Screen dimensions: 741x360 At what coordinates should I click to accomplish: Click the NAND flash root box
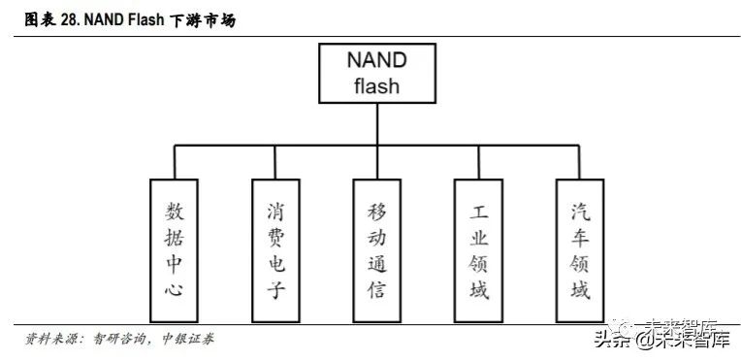click(x=377, y=74)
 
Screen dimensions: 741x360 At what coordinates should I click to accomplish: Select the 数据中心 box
click(x=174, y=250)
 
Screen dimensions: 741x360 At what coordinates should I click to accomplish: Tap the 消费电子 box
click(x=275, y=250)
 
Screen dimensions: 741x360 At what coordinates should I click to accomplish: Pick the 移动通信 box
click(x=377, y=250)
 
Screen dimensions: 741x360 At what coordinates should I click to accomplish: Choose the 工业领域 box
click(x=478, y=250)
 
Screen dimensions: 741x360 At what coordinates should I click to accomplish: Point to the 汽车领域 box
click(x=580, y=250)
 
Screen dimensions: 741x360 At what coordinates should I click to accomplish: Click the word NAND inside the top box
click(x=376, y=60)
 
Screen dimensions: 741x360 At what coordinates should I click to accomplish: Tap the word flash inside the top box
click(x=376, y=85)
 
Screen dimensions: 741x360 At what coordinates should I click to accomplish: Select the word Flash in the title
click(x=147, y=19)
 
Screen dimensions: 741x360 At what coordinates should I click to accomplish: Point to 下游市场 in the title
click(x=203, y=20)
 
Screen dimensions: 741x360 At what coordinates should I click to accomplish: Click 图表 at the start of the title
click(x=41, y=19)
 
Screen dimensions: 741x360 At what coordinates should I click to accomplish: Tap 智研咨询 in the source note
click(x=120, y=340)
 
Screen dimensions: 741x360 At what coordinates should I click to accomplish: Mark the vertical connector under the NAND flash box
click(x=377, y=124)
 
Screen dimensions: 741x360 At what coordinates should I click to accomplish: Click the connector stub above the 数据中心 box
click(x=175, y=162)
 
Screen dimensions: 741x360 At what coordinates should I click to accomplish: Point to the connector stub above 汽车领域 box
click(x=579, y=162)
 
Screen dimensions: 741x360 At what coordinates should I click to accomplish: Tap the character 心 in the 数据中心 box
click(x=174, y=288)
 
